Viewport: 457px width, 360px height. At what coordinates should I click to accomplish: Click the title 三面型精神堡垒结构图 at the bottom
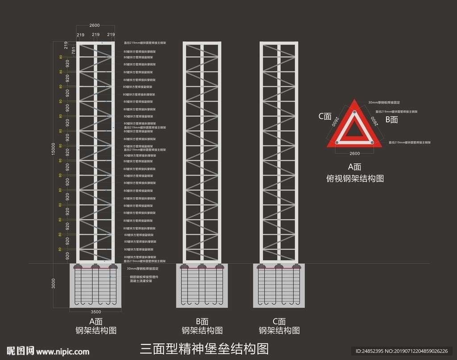point(205,348)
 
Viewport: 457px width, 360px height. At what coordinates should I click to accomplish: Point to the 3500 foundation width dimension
point(96,312)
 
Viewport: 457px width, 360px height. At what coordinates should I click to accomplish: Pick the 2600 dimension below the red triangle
point(355,152)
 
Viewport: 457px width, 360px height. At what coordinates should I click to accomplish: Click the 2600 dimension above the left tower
point(95,25)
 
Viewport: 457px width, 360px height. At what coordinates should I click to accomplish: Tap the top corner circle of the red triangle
point(355,112)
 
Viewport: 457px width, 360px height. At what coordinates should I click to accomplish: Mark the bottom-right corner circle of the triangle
point(372,142)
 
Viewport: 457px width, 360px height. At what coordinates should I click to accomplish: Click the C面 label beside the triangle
point(325,116)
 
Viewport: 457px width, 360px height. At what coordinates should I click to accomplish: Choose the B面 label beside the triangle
point(391,119)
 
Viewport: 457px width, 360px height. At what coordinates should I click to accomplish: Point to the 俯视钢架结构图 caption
point(355,178)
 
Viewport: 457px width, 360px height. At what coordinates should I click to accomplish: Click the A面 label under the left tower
point(96,321)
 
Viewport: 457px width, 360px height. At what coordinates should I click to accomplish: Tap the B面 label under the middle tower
point(202,321)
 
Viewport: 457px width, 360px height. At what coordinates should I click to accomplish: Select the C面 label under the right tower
point(279,321)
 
